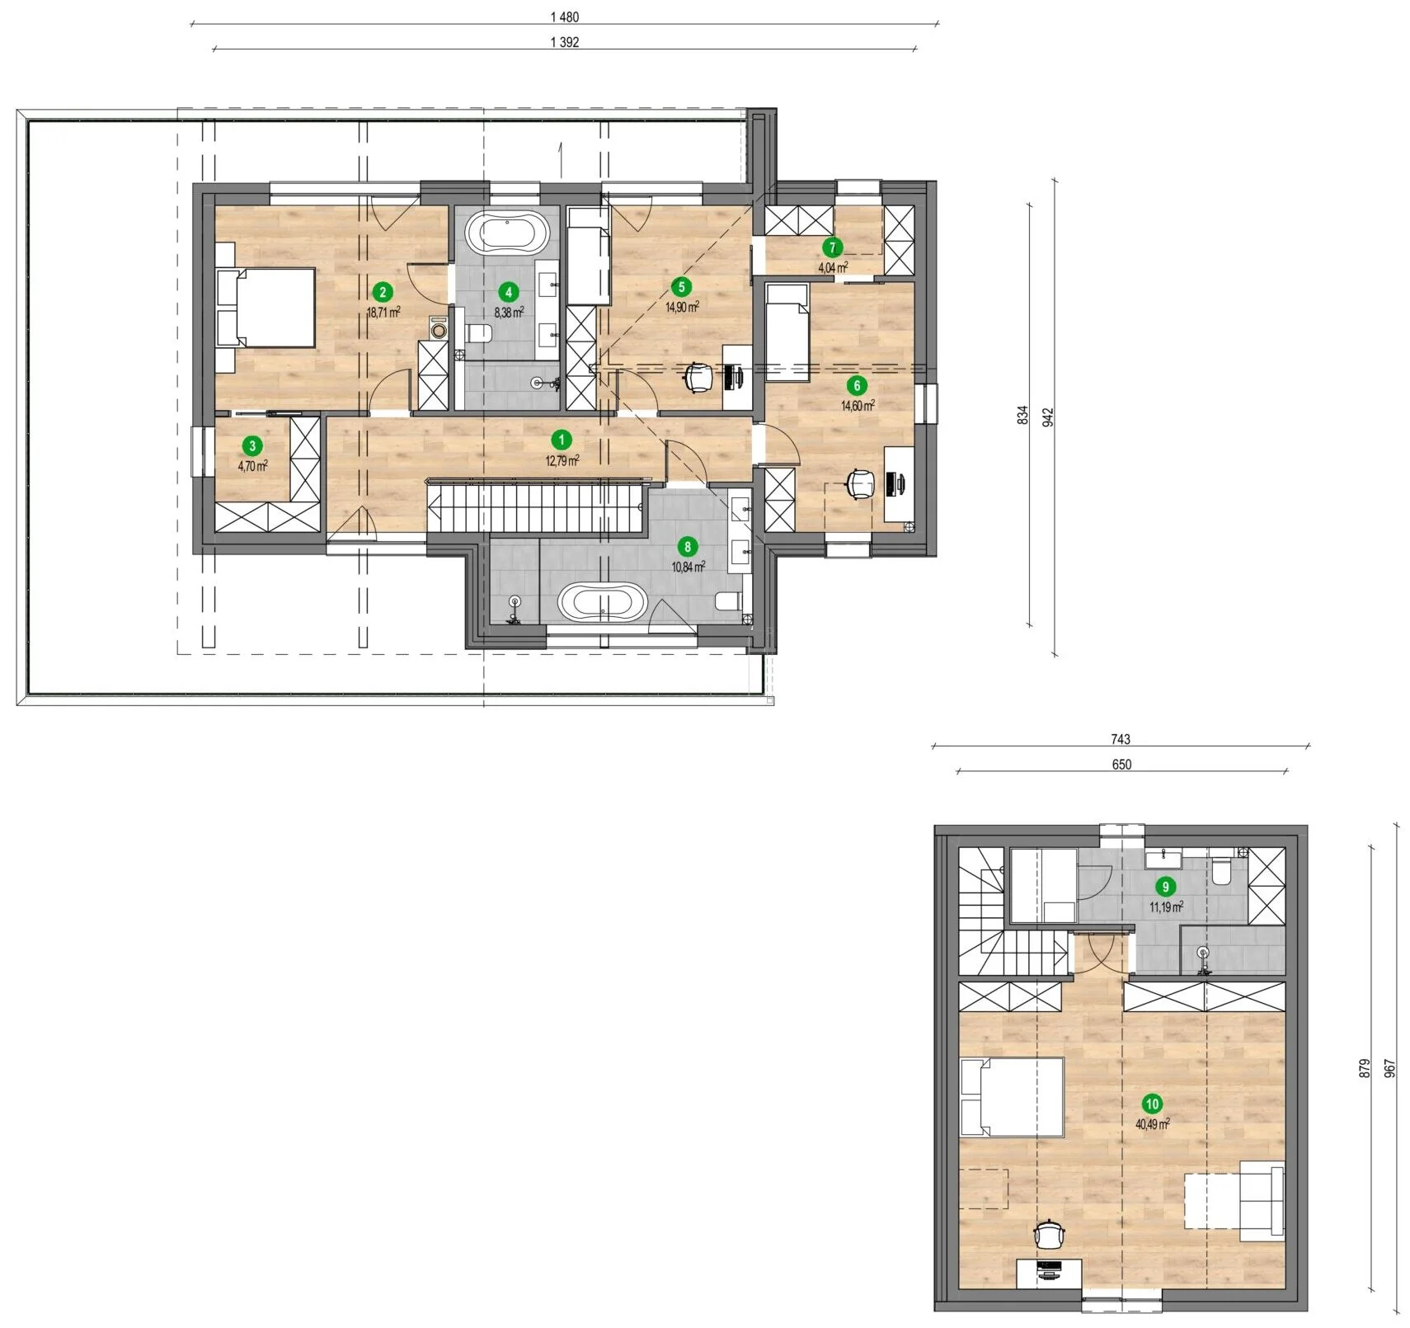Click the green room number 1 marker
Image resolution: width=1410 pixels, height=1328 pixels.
(x=562, y=440)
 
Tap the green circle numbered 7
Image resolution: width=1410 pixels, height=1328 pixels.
(x=832, y=247)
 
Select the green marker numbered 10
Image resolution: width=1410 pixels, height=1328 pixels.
(x=1152, y=1104)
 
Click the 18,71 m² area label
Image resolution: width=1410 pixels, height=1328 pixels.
(x=383, y=312)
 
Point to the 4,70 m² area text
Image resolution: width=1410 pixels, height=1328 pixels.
(x=252, y=466)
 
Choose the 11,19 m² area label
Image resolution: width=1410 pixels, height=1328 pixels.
(x=1166, y=907)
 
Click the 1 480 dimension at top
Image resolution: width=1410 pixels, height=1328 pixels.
(x=565, y=17)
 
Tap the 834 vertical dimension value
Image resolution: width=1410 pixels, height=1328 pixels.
(x=1022, y=415)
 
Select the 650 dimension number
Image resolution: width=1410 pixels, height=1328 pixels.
(x=1121, y=765)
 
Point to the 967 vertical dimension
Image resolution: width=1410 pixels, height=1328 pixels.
(x=1390, y=1069)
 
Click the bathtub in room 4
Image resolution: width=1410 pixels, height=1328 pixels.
(x=508, y=233)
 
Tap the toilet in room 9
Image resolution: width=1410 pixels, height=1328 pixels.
(x=1221, y=872)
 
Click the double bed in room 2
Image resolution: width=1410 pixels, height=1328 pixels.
(x=266, y=307)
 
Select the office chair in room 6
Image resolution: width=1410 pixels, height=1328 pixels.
(x=860, y=483)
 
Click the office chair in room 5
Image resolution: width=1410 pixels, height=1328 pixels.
(x=698, y=378)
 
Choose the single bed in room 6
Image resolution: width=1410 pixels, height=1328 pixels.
(x=787, y=332)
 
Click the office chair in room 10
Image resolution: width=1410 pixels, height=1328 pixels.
(x=1049, y=1236)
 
